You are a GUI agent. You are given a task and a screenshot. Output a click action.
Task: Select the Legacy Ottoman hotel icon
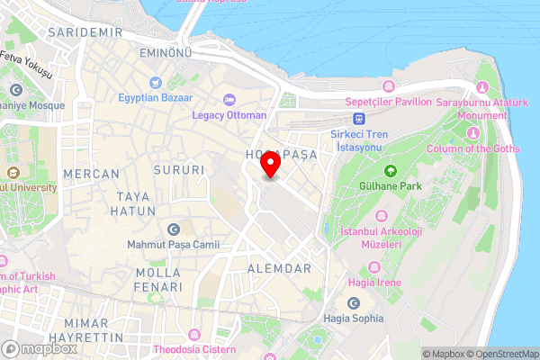229,99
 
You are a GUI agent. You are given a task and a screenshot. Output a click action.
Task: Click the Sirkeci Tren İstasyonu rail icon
358,118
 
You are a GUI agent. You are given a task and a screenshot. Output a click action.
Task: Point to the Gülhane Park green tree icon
391,171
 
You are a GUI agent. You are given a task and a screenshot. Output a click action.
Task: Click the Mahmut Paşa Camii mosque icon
173,230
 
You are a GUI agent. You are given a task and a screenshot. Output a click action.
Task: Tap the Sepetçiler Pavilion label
387,102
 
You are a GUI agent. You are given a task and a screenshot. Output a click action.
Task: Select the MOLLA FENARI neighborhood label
157,279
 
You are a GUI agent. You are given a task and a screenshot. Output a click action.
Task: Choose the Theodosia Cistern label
194,349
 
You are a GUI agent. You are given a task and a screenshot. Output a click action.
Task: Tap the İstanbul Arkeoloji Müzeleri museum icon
381,216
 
